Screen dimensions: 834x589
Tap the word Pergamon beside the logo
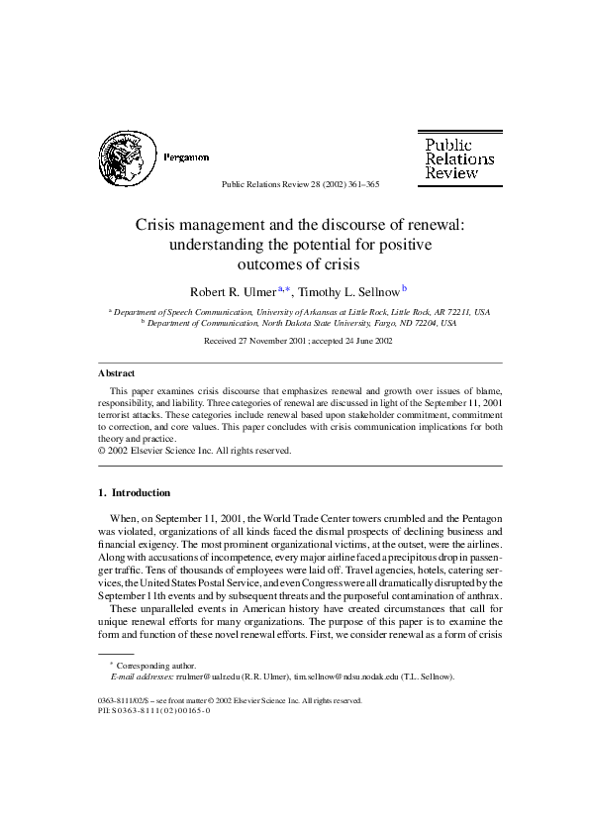tap(185, 157)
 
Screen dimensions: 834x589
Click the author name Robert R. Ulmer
tap(233, 290)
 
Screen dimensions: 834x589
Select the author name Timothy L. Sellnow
tap(345, 290)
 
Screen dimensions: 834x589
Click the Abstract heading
tap(117, 373)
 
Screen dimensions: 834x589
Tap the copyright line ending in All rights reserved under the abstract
tap(194, 451)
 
